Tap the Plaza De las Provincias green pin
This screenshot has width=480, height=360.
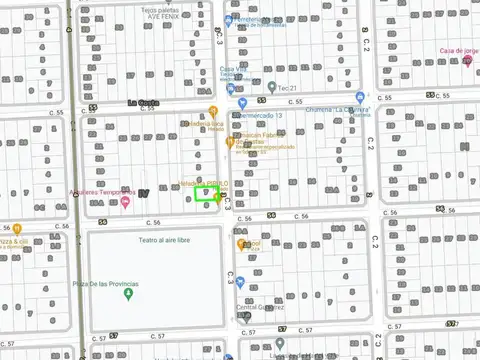[x=128, y=293]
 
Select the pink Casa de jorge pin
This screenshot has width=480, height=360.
[x=468, y=62]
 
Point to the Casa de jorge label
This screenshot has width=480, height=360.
[x=459, y=51]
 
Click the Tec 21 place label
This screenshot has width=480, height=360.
[x=287, y=86]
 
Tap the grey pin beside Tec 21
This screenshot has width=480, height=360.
[x=272, y=86]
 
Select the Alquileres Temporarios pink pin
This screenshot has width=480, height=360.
[x=125, y=203]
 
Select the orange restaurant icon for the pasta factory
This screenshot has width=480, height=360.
[x=231, y=144]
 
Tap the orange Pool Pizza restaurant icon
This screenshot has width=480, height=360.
[x=242, y=244]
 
